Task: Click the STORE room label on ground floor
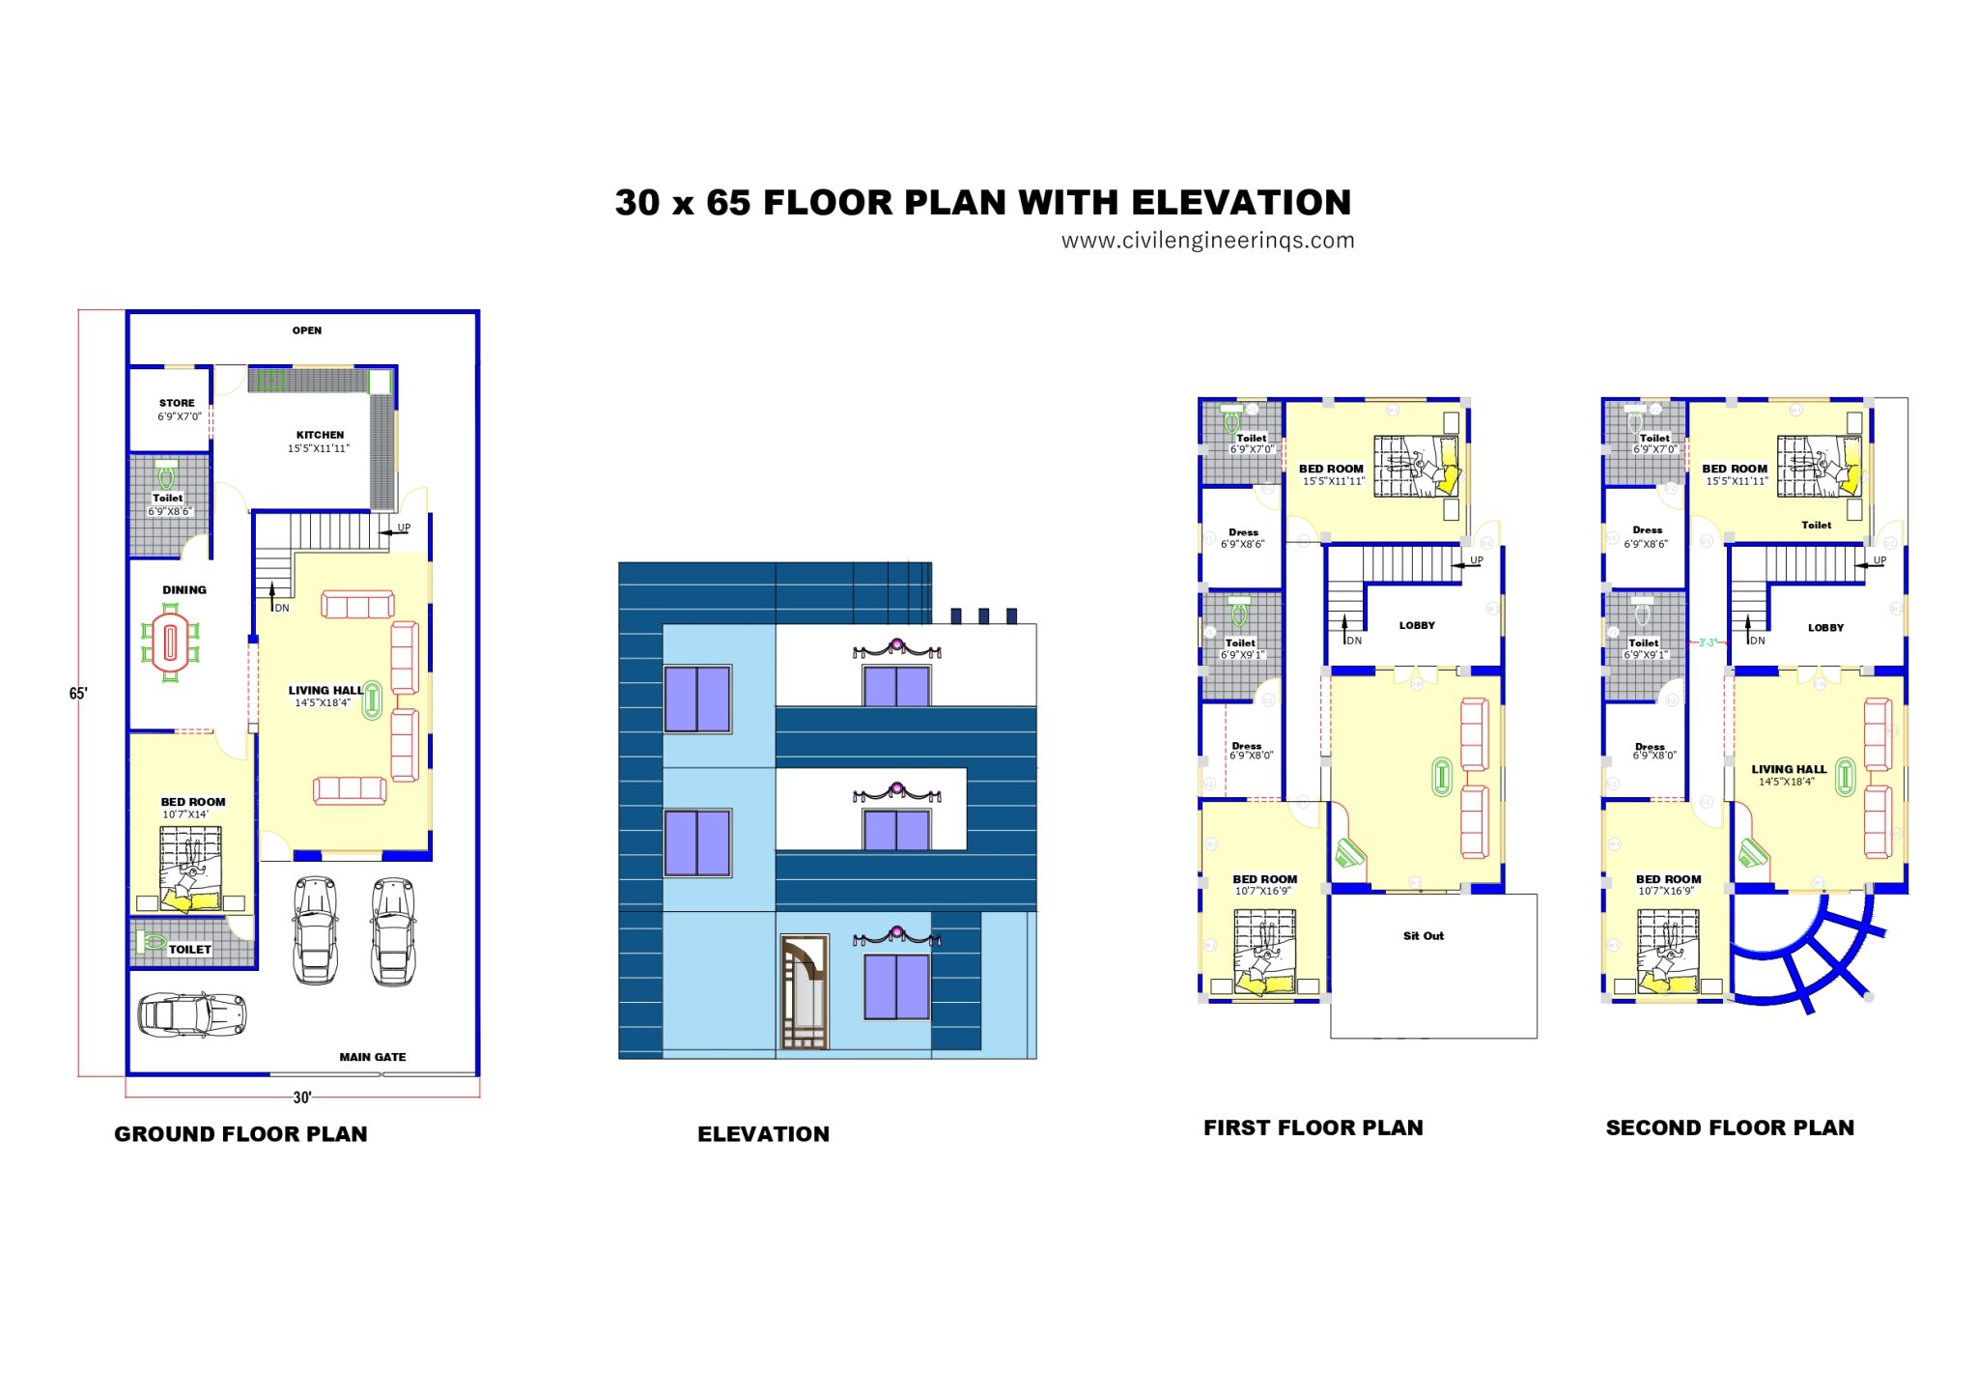[177, 403]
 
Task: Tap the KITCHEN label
[320, 435]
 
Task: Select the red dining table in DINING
[171, 642]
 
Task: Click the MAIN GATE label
[372, 1057]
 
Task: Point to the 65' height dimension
[78, 694]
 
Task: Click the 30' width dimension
[302, 1098]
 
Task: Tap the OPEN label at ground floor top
[307, 330]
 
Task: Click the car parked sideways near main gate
[192, 1014]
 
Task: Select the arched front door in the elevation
[804, 991]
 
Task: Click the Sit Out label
[1424, 935]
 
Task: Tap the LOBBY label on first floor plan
[1417, 625]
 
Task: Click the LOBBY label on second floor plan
[1825, 627]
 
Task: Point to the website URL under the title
[1207, 241]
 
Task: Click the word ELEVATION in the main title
[1241, 203]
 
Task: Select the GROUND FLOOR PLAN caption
[240, 1134]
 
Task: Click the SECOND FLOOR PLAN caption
[1730, 1128]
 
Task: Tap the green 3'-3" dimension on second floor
[1708, 642]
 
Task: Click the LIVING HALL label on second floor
[1789, 769]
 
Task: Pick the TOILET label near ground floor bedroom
[189, 950]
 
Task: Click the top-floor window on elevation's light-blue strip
[697, 699]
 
